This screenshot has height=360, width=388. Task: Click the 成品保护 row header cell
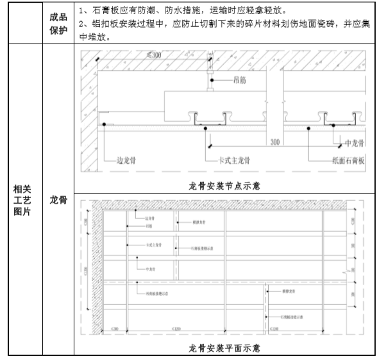pyautogui.click(x=58, y=23)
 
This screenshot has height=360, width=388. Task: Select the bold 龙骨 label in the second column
pyautogui.click(x=58, y=200)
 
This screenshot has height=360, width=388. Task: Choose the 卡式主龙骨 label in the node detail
pyautogui.click(x=230, y=161)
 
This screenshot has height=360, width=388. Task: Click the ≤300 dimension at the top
pyautogui.click(x=154, y=56)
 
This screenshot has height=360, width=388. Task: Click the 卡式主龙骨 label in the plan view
pyautogui.click(x=155, y=245)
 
